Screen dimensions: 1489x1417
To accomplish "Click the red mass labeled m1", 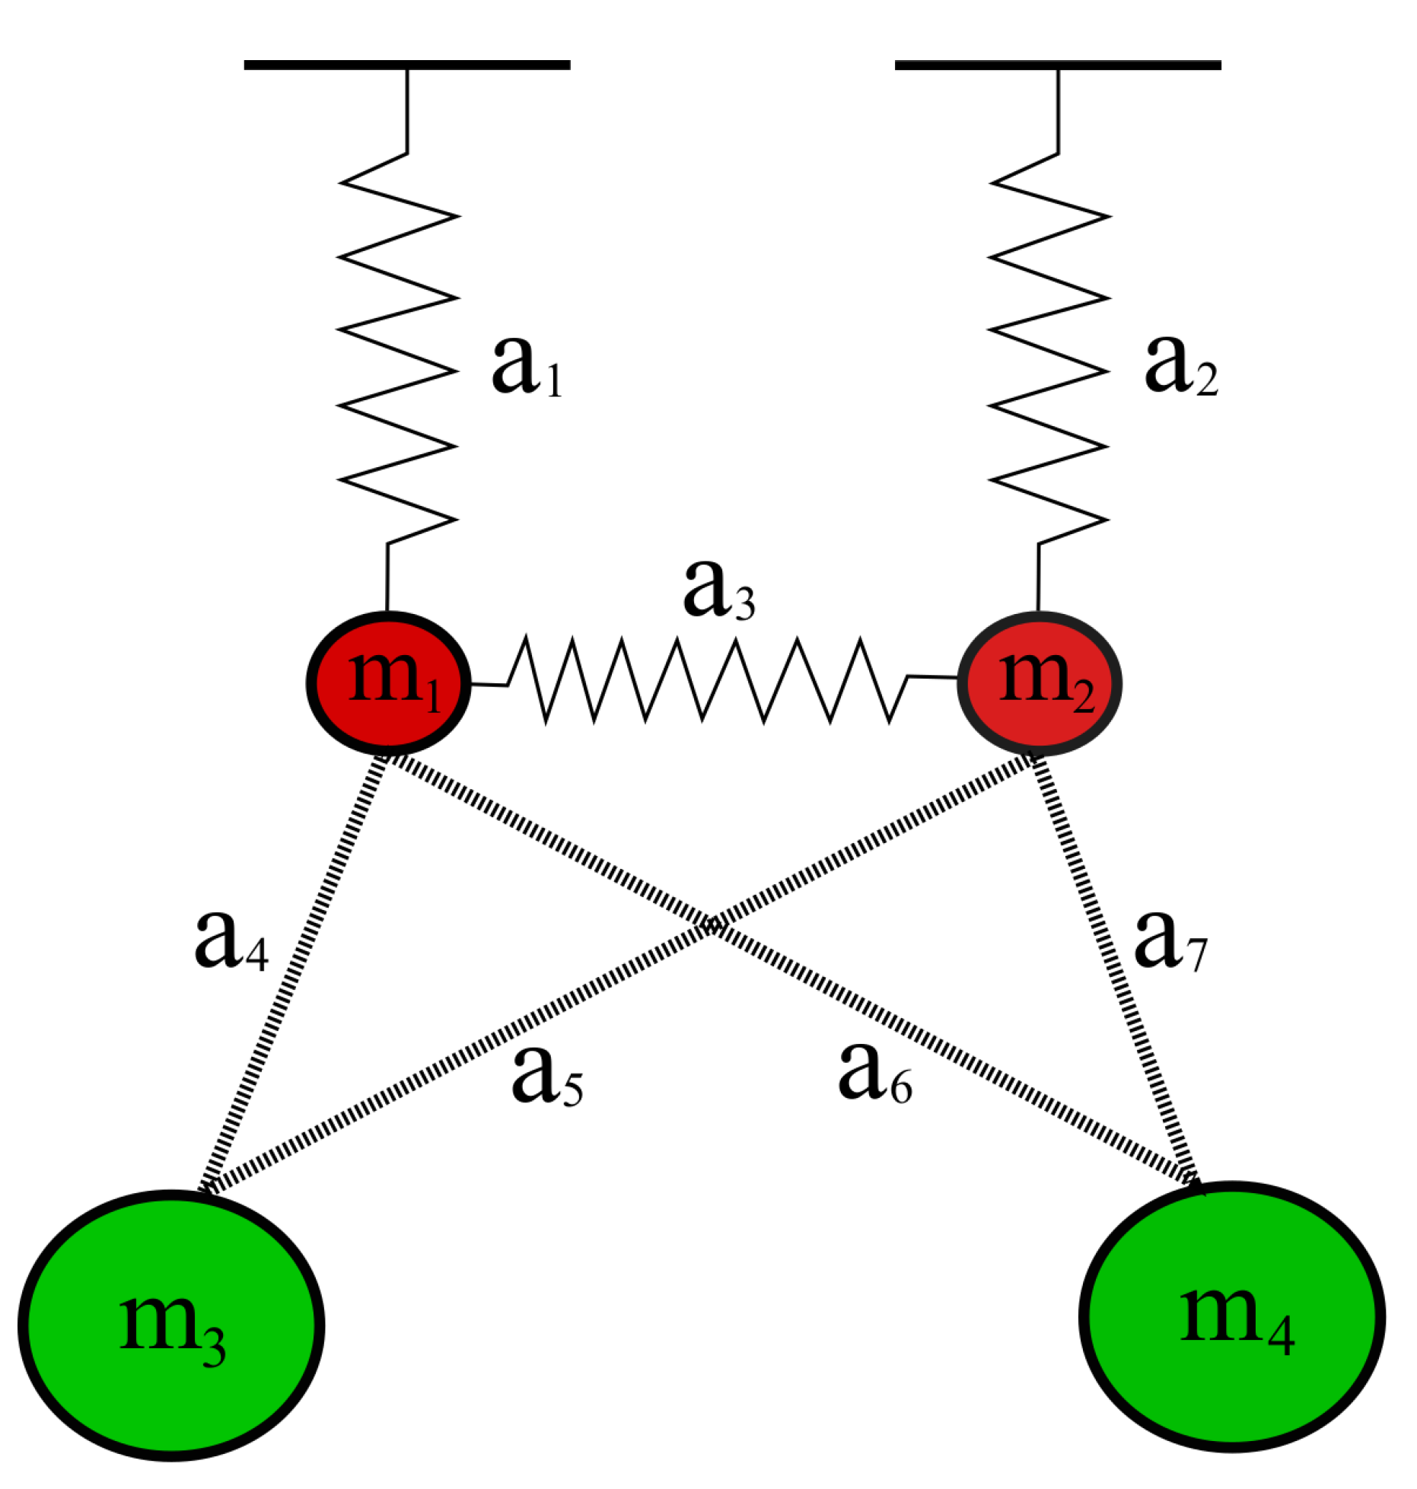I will coord(388,682).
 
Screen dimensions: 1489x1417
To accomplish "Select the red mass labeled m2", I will coord(1040,682).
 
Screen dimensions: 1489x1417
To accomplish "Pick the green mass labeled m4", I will coord(1232,1316).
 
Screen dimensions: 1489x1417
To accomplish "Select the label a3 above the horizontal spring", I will coord(718,590).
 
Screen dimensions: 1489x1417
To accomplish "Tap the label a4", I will coord(231,941).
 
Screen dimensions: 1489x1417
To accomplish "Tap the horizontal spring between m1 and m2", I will coord(708,679).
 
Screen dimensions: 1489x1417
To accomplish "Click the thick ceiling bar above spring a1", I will coord(407,65).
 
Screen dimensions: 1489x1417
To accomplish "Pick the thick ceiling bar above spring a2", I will coord(1058,65).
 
